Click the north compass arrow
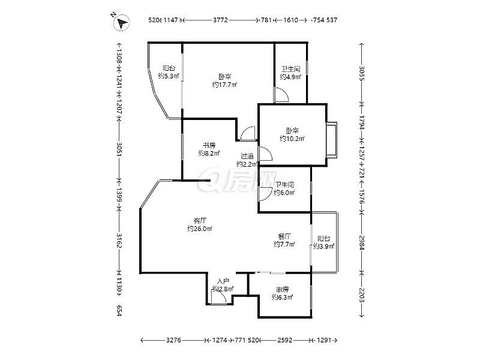[122, 23]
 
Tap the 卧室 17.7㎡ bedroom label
[224, 80]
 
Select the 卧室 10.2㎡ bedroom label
[292, 134]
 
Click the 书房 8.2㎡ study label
[209, 149]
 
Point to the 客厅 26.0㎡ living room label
[200, 224]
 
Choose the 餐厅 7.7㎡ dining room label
[284, 240]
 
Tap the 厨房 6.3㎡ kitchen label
[282, 293]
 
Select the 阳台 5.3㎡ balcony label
[169, 72]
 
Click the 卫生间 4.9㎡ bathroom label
[290, 73]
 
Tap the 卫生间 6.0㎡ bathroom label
[284, 188]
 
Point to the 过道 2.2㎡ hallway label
[247, 160]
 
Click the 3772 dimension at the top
[220, 20]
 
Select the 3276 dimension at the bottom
[173, 341]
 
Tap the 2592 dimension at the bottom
[284, 341]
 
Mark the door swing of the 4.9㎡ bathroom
[281, 95]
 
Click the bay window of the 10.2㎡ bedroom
[332, 138]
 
